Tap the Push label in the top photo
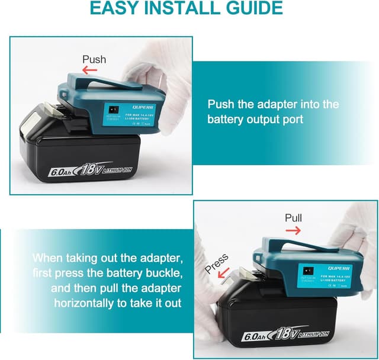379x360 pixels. (x=94, y=59)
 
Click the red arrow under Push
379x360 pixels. (x=89, y=70)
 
